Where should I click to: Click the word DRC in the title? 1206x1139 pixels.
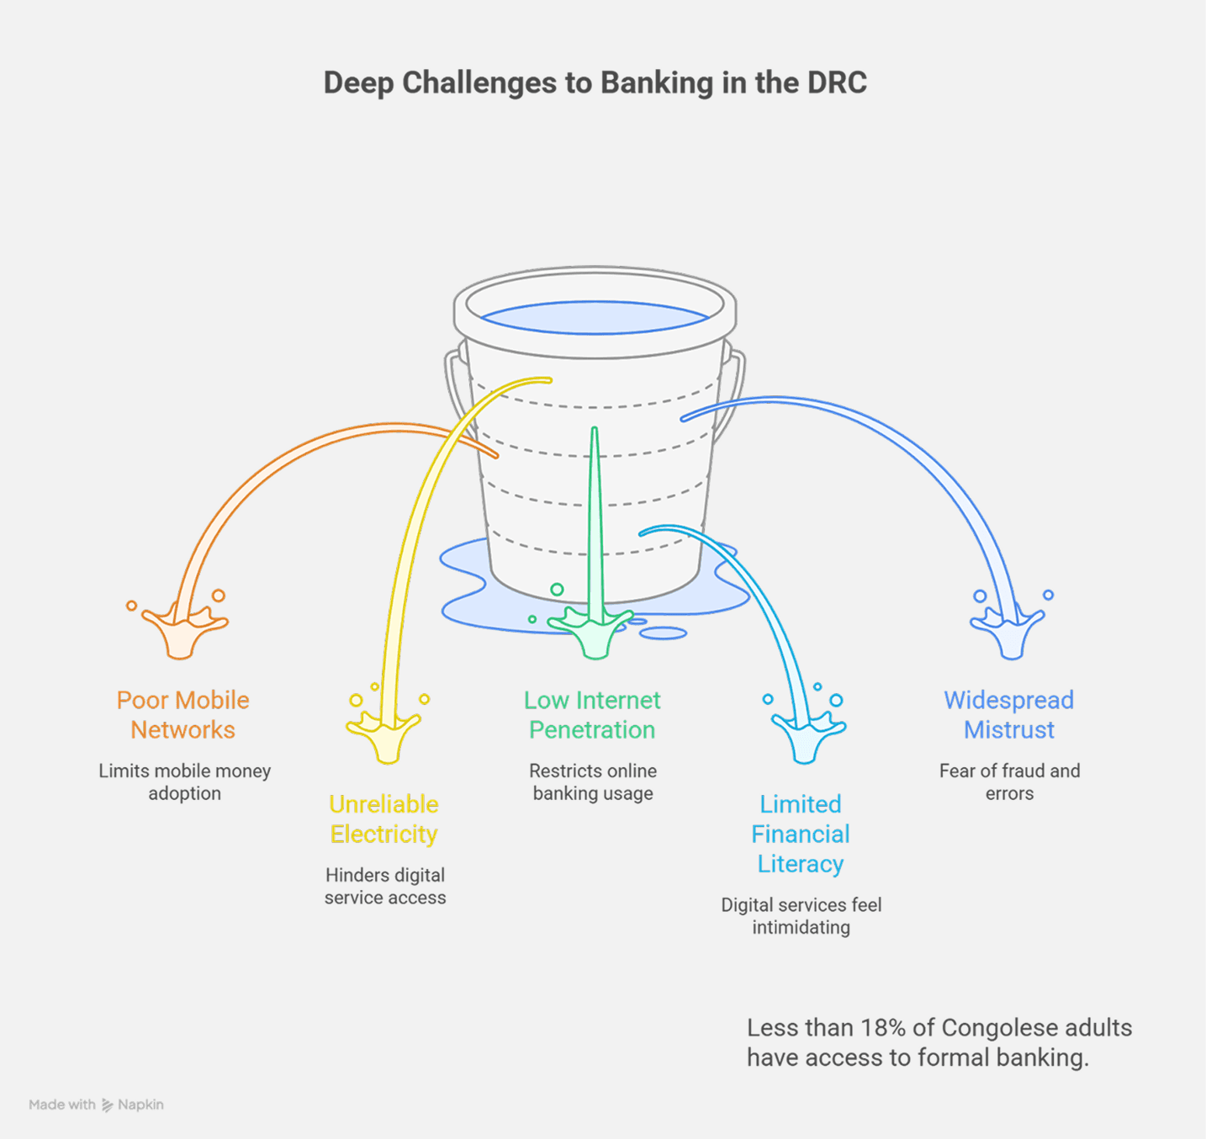pyautogui.click(x=837, y=82)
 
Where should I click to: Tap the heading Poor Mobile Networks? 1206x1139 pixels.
pyautogui.click(x=182, y=715)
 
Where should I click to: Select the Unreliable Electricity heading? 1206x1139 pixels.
pyautogui.click(x=383, y=819)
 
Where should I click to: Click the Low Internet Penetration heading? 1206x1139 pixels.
pyautogui.click(x=592, y=715)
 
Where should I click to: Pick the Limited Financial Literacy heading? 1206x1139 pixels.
pyautogui.click(x=801, y=834)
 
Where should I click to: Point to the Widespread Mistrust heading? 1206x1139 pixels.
pyautogui.click(x=1008, y=715)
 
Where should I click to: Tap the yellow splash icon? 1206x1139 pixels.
pyautogui.click(x=385, y=734)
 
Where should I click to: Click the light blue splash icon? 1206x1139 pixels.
pyautogui.click(x=806, y=734)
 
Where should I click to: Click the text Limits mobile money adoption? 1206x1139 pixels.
pyautogui.click(x=184, y=782)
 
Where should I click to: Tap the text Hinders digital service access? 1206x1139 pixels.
pyautogui.click(x=385, y=887)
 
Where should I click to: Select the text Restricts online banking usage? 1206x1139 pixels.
pyautogui.click(x=593, y=782)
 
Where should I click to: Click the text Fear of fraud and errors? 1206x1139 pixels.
pyautogui.click(x=1009, y=782)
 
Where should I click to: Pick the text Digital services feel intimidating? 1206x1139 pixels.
pyautogui.click(x=801, y=916)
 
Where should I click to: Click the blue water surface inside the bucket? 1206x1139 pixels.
pyautogui.click(x=595, y=318)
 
